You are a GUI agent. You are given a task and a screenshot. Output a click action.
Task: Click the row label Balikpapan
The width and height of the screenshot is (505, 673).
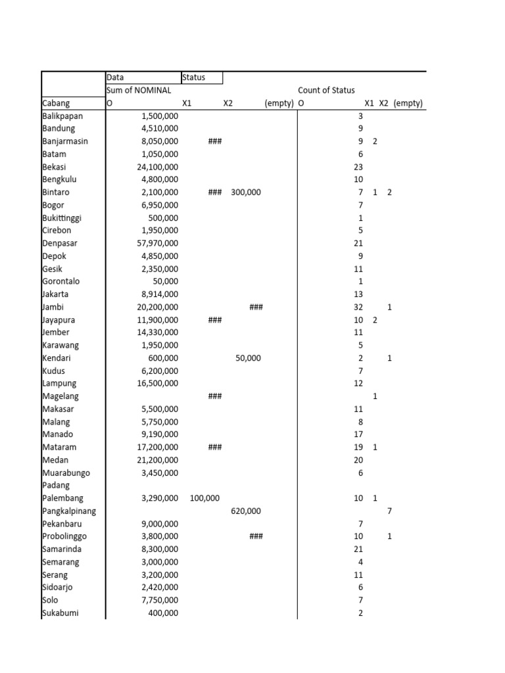pos(63,116)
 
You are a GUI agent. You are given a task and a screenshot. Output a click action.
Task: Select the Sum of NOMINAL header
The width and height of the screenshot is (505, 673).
pos(139,91)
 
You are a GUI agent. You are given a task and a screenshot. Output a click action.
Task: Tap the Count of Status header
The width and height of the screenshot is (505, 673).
pos(326,91)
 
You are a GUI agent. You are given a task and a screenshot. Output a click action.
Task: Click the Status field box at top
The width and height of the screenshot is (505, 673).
pos(202,78)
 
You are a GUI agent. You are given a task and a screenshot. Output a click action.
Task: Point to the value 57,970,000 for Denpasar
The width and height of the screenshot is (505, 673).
pos(157,243)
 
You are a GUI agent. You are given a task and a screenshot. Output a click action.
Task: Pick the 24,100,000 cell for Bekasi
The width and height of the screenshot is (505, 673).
pos(157,167)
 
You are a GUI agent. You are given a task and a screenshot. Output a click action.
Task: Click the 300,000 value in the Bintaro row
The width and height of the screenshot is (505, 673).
pos(246,193)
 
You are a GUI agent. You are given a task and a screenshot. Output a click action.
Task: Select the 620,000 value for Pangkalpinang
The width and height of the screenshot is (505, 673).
pos(246,511)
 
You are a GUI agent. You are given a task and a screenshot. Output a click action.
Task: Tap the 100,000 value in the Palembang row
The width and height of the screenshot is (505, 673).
pos(204,498)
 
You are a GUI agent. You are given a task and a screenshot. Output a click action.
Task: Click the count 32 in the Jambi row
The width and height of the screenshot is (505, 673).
pos(358,307)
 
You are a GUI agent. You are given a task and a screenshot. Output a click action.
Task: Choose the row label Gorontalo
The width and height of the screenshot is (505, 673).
pos(60,281)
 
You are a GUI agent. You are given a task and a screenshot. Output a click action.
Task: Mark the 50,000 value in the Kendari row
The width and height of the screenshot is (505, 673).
pos(248,358)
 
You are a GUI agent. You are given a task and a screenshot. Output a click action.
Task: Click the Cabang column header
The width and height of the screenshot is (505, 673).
pos(56,103)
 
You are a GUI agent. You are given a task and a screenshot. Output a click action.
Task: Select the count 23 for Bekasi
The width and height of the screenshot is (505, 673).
pos(358,167)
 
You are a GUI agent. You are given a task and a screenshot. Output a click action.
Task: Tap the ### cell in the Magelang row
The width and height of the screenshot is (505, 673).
pos(214,396)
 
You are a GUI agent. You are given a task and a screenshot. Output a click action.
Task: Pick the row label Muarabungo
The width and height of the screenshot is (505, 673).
pos(66,473)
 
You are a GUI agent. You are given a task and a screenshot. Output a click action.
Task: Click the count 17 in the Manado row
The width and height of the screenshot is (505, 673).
pos(358,434)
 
